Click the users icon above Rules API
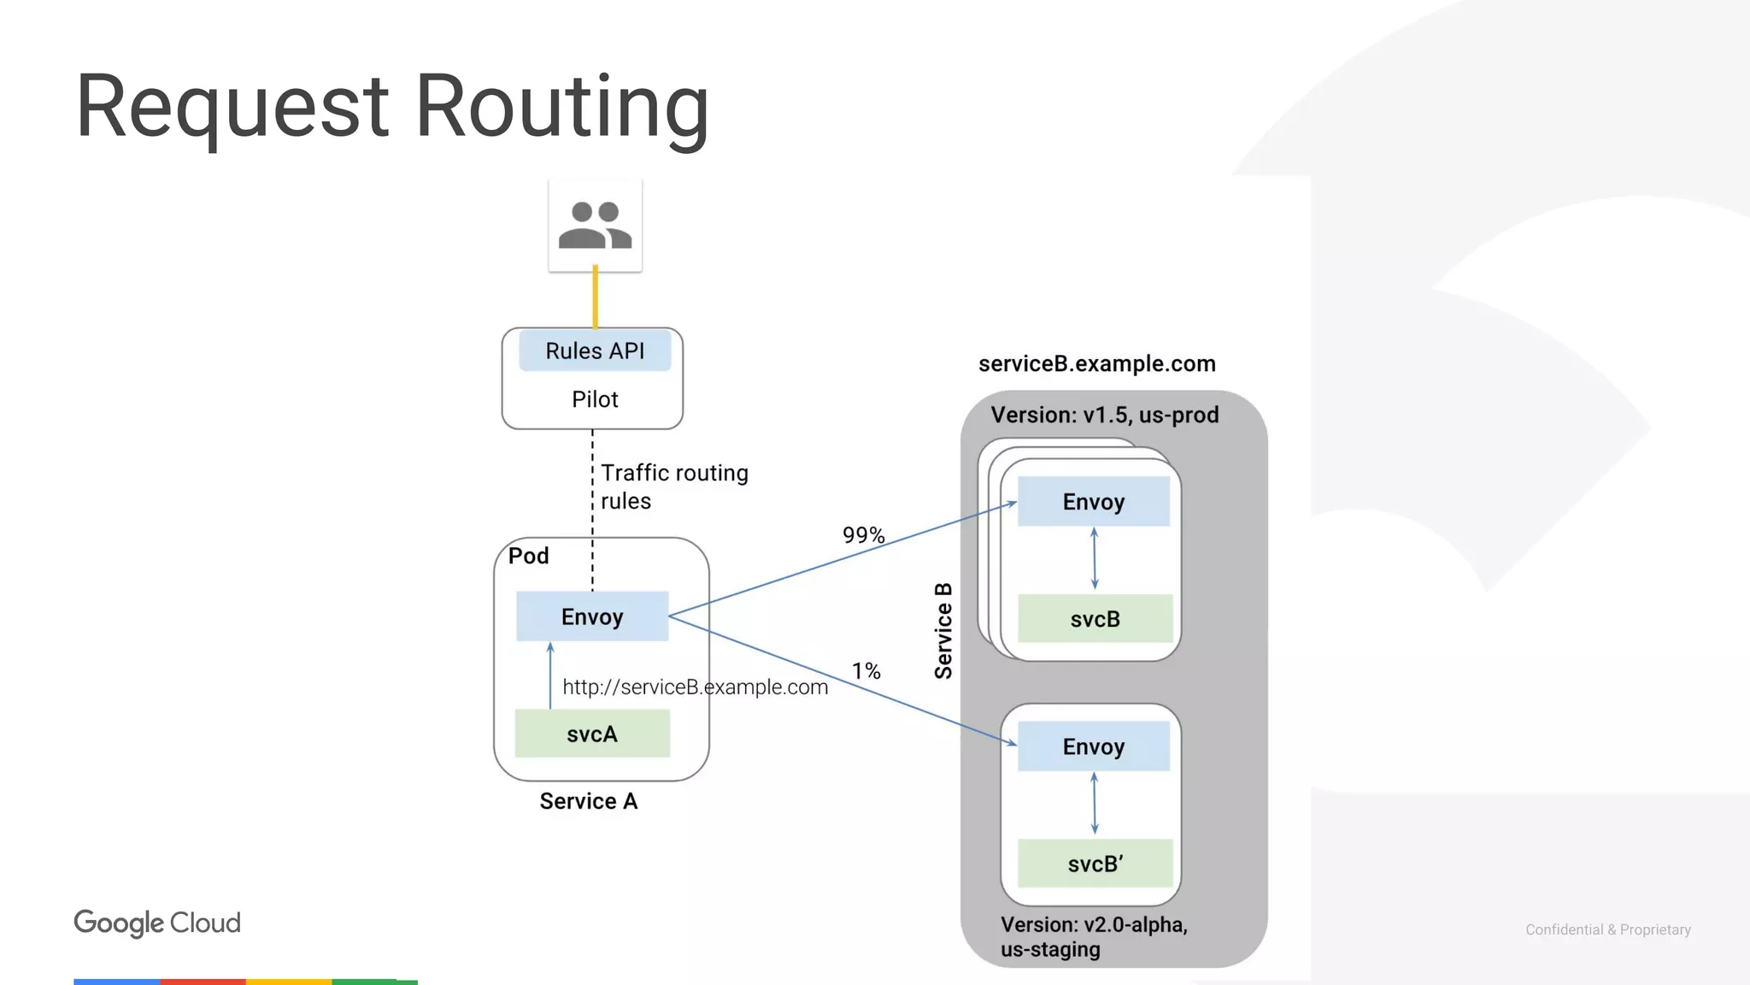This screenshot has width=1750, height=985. pyautogui.click(x=595, y=226)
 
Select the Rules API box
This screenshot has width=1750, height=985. pyautogui.click(x=595, y=351)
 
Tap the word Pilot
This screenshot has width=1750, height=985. pyautogui.click(x=595, y=399)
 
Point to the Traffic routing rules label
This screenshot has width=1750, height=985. pyautogui.click(x=673, y=487)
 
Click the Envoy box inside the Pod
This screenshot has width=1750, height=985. pyautogui.click(x=591, y=616)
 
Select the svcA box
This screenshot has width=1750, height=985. pyautogui.click(x=591, y=734)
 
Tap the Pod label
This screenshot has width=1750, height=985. pyautogui.click(x=528, y=556)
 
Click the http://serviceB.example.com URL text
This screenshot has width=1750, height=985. pyautogui.click(x=695, y=687)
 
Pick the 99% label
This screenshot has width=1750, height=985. pyautogui.click(x=863, y=535)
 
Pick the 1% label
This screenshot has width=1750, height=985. pyautogui.click(x=866, y=671)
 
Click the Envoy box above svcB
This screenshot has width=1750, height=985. pyautogui.click(x=1093, y=502)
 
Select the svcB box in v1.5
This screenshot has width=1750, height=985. pyautogui.click(x=1095, y=619)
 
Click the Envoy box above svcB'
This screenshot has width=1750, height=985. pyautogui.click(x=1093, y=746)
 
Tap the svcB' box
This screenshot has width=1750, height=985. pyautogui.click(x=1095, y=864)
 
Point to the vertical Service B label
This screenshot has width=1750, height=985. pyautogui.click(x=943, y=631)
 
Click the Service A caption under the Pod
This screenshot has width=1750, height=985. pyautogui.click(x=588, y=801)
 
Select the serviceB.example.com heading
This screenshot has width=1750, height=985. pyautogui.click(x=1096, y=364)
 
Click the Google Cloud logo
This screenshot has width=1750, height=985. pyautogui.click(x=157, y=923)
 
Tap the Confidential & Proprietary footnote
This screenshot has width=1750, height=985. pyautogui.click(x=1607, y=929)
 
